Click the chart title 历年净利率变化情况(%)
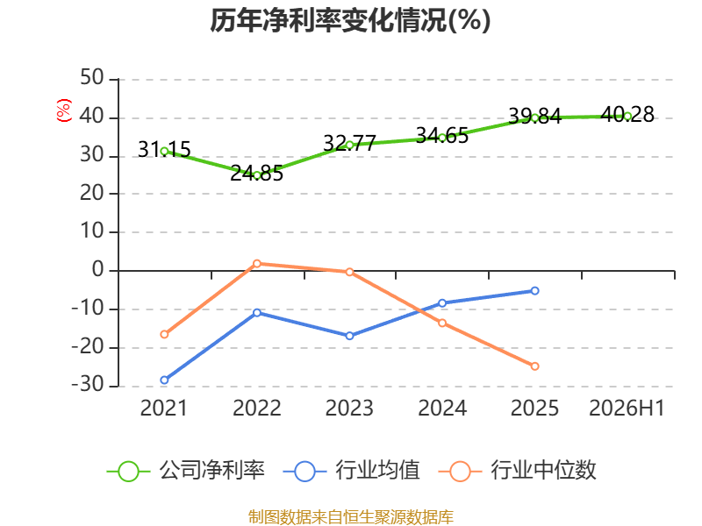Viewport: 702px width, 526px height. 350,20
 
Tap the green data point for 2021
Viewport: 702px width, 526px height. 164,152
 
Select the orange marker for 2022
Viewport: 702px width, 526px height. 257,264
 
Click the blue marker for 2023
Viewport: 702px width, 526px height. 349,336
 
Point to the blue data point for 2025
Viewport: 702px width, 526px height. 534,291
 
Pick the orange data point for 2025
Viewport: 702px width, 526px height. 534,366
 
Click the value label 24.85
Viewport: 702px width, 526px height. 257,174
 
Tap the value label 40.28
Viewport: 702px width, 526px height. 627,115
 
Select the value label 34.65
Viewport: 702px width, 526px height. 442,136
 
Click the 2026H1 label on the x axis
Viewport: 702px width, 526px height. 627,408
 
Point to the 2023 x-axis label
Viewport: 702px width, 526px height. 349,408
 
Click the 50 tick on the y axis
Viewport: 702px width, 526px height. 92,78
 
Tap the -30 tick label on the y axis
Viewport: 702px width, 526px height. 88,385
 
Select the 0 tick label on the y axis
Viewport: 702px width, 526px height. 98,270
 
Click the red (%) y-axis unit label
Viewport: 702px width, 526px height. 63,110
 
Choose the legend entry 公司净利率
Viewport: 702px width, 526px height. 186,471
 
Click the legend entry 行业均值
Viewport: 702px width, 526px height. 352,471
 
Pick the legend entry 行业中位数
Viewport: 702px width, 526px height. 518,471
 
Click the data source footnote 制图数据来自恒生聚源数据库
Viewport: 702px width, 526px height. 351,516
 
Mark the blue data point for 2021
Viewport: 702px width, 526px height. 164,380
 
